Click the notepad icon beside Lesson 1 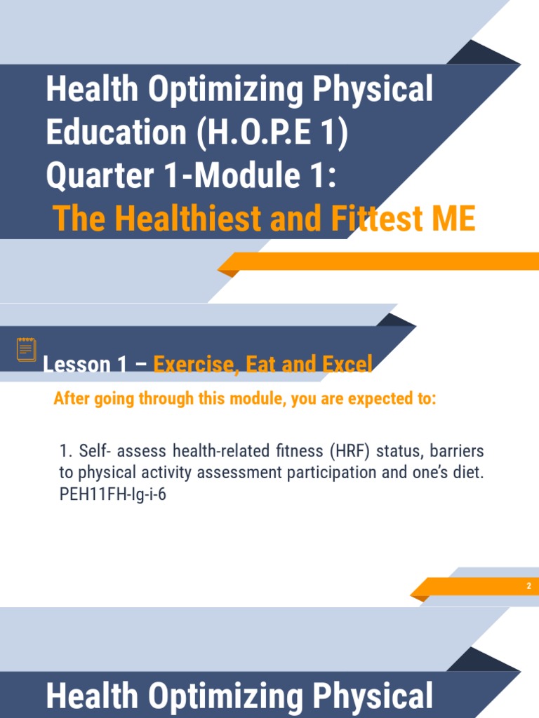[27, 349]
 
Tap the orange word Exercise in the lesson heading [193, 365]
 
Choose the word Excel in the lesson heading [344, 365]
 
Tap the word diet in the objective [470, 472]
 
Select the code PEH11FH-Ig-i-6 [112, 494]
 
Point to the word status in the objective [398, 449]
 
